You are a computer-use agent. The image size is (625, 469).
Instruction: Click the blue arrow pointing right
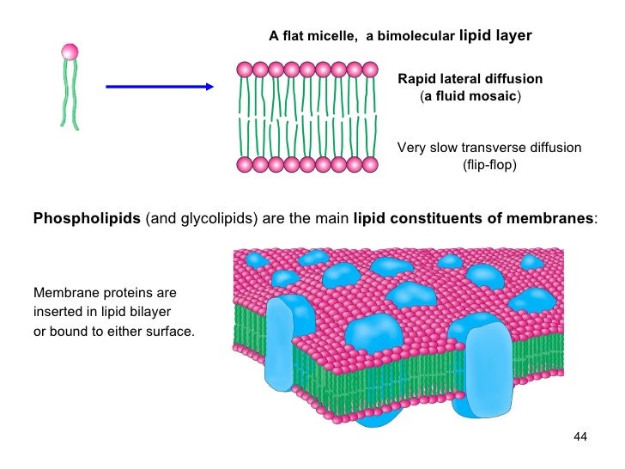(x=159, y=87)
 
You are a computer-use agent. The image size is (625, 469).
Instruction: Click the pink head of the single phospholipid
(x=70, y=52)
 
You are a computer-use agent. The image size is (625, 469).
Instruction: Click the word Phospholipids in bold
(x=87, y=219)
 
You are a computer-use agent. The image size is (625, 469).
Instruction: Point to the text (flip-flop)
(x=489, y=164)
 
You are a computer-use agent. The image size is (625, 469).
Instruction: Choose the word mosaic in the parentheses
(x=493, y=96)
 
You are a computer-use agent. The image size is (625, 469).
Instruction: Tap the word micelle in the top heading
(x=331, y=37)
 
